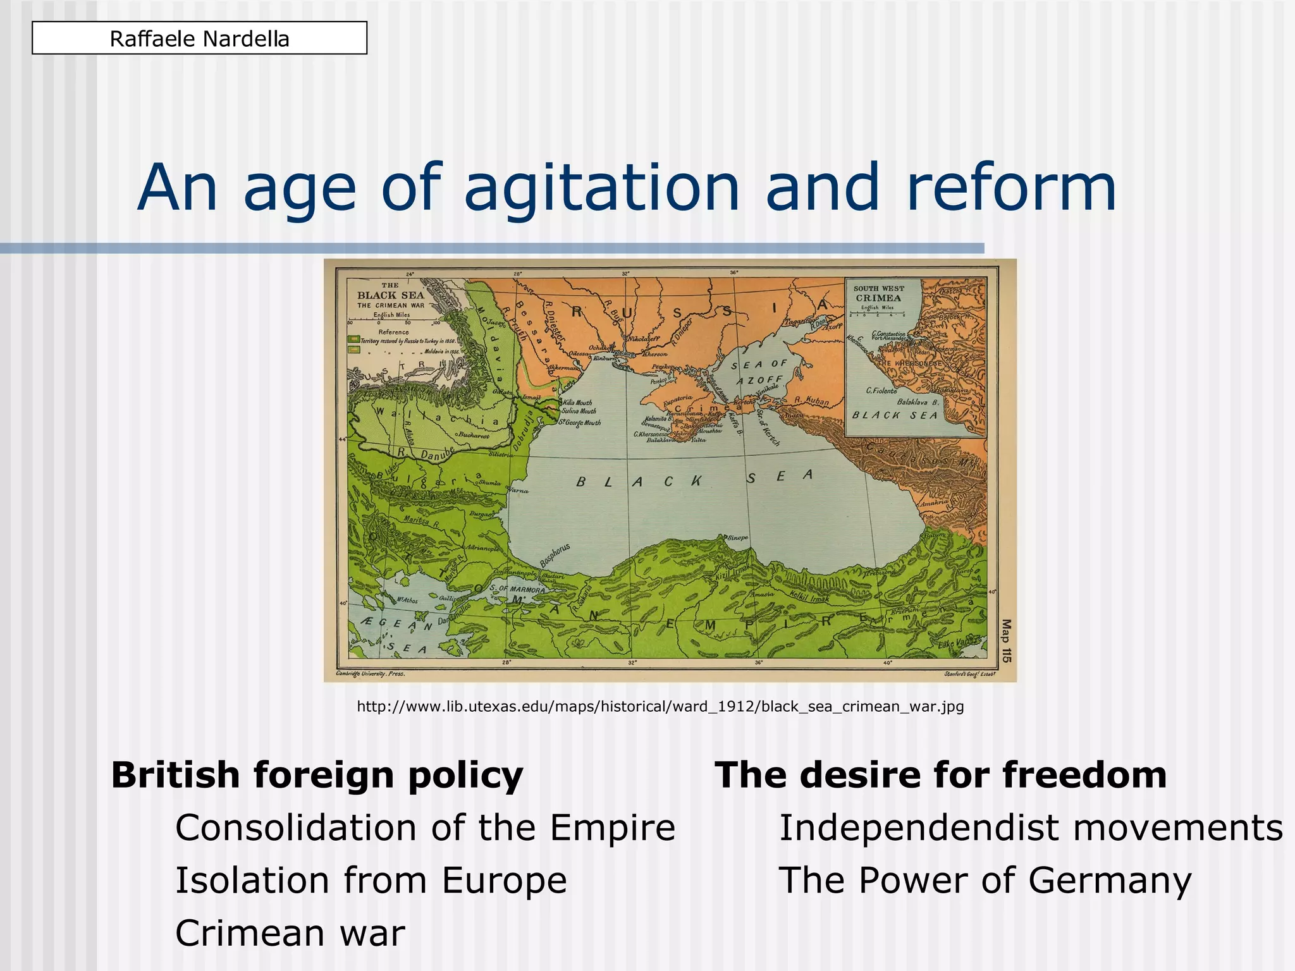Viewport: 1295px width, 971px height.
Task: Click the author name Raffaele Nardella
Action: pos(199,39)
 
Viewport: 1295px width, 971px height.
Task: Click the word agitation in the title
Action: pos(601,188)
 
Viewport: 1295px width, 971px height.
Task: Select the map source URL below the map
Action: pos(660,706)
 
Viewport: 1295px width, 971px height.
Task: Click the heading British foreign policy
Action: pos(317,774)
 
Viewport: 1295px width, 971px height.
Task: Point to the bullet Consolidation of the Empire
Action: pos(425,827)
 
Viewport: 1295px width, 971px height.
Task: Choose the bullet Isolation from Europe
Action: pos(371,880)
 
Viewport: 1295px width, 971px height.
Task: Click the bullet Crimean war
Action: pos(290,932)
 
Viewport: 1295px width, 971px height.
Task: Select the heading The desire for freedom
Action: pos(940,774)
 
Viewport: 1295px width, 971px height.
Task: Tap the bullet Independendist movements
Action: pos(1030,827)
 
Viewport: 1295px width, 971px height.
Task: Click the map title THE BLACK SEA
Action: pos(390,295)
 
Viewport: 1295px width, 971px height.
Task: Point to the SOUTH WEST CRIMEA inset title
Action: pos(878,293)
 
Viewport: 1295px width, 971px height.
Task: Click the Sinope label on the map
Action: pos(737,537)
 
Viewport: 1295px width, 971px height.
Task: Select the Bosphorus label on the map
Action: pos(555,555)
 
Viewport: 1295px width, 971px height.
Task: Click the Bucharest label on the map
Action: pos(474,435)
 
